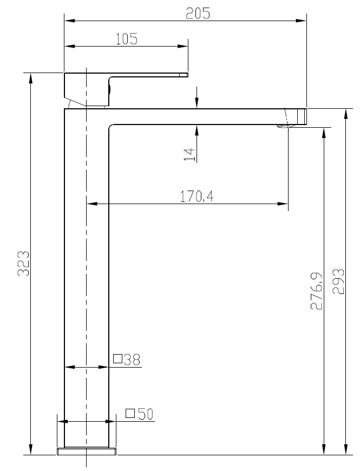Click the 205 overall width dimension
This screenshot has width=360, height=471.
click(x=198, y=13)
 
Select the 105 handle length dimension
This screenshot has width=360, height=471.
click(x=126, y=38)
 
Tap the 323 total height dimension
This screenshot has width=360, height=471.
click(x=23, y=264)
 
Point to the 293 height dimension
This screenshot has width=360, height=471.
click(x=338, y=282)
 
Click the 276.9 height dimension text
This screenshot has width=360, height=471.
click(x=317, y=291)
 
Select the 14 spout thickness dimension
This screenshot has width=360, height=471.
click(x=189, y=154)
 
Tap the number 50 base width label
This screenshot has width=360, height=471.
click(x=145, y=414)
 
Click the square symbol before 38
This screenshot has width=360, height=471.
click(x=117, y=358)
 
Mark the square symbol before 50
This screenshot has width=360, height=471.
click(x=130, y=414)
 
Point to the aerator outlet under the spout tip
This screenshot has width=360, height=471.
click(x=284, y=127)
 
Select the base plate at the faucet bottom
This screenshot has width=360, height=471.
click(x=87, y=451)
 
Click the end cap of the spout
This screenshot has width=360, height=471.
click(x=302, y=116)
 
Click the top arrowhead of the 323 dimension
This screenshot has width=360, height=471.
click(x=31, y=78)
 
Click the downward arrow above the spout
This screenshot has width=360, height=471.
click(x=198, y=102)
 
